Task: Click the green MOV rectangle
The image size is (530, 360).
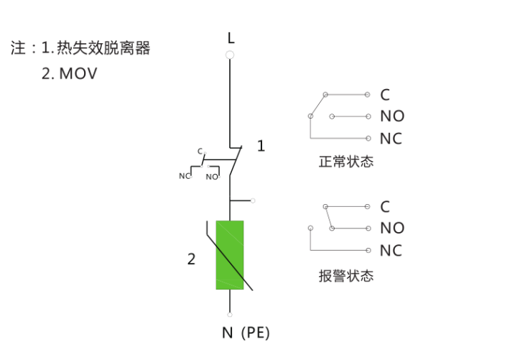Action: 230,255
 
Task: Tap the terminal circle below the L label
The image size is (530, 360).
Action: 230,55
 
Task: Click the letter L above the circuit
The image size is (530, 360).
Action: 231,38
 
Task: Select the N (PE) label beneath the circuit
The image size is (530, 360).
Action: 246,333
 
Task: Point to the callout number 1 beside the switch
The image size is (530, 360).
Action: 261,146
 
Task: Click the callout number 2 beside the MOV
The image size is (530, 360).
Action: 191,259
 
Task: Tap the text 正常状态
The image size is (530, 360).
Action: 346,162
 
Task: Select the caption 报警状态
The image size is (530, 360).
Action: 346,276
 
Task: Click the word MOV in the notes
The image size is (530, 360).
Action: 78,74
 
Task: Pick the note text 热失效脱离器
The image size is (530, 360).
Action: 103,47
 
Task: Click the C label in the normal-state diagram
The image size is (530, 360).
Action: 385,95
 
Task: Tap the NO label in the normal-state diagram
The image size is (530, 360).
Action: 392,116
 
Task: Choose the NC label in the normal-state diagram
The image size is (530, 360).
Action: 391,139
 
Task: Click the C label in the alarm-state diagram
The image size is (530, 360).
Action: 385,207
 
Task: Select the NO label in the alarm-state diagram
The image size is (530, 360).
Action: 392,228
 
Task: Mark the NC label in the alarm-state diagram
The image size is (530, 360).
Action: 391,251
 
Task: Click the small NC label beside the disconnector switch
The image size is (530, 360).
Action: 185,176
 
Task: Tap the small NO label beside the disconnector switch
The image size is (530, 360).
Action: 212,177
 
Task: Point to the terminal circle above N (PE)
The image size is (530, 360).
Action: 230,315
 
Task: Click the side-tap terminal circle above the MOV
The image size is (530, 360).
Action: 253,200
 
